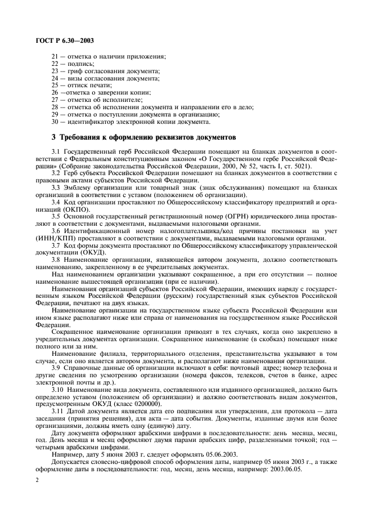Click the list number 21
tap(55, 57)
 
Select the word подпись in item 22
tap(80, 64)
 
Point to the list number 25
tap(55, 85)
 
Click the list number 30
tap(55, 120)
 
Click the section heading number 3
tap(53, 137)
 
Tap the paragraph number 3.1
tap(56, 152)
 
